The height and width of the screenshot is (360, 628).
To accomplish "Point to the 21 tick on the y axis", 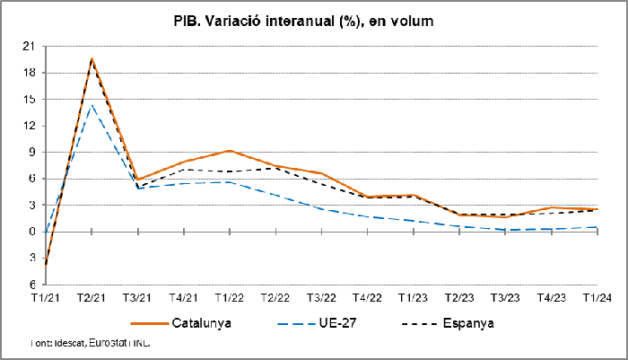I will [29, 46].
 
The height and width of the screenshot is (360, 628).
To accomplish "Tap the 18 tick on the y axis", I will [29, 73].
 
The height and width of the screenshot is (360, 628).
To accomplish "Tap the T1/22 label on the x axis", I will [229, 297].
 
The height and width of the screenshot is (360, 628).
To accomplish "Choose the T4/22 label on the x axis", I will [367, 297].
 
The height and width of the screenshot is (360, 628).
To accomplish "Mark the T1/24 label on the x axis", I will [597, 297].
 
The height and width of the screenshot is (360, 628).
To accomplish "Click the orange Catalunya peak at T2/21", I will [91, 59].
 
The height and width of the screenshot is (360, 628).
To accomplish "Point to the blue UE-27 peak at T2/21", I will [91, 105].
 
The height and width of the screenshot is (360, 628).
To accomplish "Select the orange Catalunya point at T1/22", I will [229, 151].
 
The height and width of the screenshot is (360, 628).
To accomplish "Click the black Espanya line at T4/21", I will [183, 170].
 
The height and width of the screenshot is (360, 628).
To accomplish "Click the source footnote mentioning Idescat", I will [90, 343].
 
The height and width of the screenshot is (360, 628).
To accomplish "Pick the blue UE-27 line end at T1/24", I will [597, 227].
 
